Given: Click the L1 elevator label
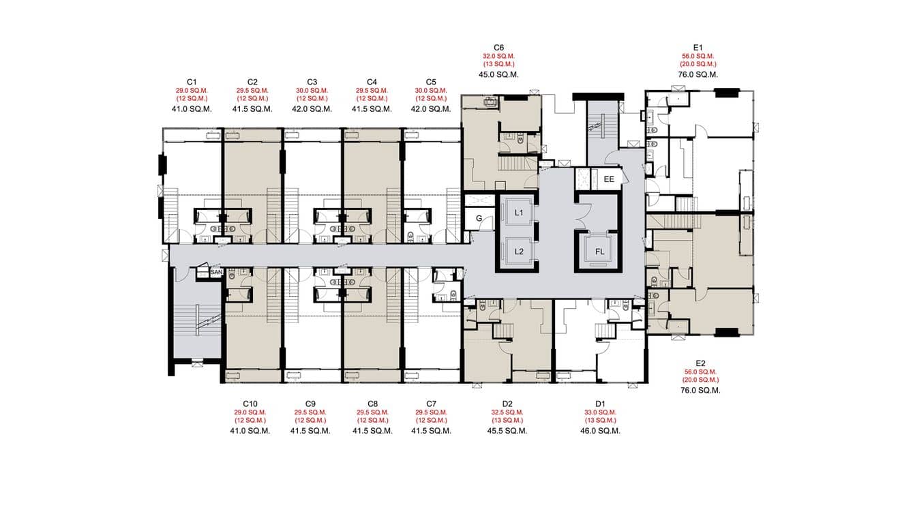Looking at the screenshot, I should [519, 213].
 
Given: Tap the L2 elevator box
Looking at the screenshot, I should [519, 251].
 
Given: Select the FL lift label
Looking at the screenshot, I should [599, 252].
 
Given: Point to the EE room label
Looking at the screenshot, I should [609, 179].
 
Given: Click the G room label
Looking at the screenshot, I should [479, 219].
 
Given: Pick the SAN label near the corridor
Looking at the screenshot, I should [216, 273].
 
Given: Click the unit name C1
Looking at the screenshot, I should [192, 82].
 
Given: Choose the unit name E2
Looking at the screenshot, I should [700, 363].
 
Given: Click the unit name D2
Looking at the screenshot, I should [507, 404].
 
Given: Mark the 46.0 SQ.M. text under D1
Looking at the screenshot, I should [600, 431].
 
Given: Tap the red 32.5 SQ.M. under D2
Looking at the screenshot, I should [507, 412].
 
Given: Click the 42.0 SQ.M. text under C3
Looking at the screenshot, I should [312, 108].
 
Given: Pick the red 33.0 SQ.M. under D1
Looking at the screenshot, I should [600, 412].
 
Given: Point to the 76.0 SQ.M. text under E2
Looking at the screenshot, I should [700, 391].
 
